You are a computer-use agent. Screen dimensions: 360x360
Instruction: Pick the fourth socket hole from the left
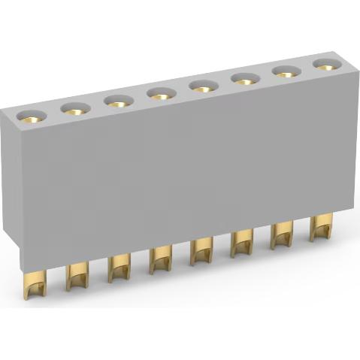[160, 92]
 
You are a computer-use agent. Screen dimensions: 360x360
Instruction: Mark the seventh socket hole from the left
[286, 71]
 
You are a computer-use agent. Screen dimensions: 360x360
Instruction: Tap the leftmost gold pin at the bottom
[33, 289]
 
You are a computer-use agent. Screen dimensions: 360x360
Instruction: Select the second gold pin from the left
[77, 276]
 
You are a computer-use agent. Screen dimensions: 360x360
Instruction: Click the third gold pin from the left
[119, 267]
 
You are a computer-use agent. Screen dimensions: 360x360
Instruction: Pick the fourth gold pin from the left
[160, 259]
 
